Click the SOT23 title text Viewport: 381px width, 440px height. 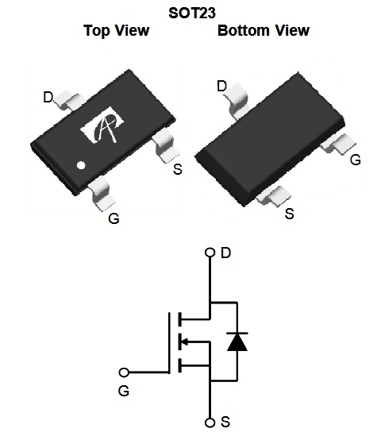click(x=192, y=13)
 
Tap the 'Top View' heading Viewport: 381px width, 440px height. click(x=117, y=30)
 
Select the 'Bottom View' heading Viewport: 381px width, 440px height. click(x=264, y=30)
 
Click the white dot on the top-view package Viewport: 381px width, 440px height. click(x=81, y=165)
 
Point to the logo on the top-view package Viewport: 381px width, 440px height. click(x=102, y=125)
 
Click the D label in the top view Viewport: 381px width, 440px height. click(x=48, y=97)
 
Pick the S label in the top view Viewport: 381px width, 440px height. click(x=178, y=169)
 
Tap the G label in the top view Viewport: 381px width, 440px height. click(x=114, y=218)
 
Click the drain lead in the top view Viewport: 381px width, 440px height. click(x=69, y=100)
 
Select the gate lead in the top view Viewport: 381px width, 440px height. click(x=102, y=194)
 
